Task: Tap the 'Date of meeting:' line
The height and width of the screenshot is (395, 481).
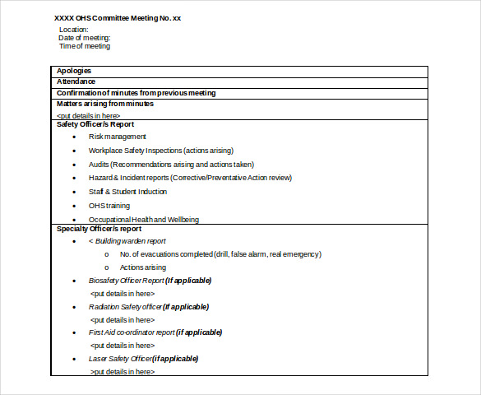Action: pos(84,38)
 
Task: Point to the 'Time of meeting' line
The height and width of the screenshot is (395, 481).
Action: pos(84,46)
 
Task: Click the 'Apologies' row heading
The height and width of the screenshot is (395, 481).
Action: pos(74,71)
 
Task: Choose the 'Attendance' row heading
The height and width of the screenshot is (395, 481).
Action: pos(76,81)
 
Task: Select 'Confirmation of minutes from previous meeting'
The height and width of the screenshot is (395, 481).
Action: pos(136,93)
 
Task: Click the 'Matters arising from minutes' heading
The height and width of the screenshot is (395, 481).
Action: pos(104,104)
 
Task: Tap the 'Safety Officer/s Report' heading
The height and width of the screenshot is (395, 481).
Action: pos(95,124)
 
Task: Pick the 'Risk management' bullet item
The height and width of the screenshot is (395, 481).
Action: pos(118,137)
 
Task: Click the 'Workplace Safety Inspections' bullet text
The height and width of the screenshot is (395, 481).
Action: pos(161,151)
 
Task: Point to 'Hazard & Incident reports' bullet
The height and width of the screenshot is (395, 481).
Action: pos(190,178)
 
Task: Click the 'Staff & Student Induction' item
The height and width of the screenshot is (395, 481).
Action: pos(127,192)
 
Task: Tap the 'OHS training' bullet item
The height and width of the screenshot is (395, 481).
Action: pos(109,206)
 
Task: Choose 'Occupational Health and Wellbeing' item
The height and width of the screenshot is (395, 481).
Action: pos(144,220)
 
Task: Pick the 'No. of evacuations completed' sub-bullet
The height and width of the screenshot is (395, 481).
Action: pos(220,254)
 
